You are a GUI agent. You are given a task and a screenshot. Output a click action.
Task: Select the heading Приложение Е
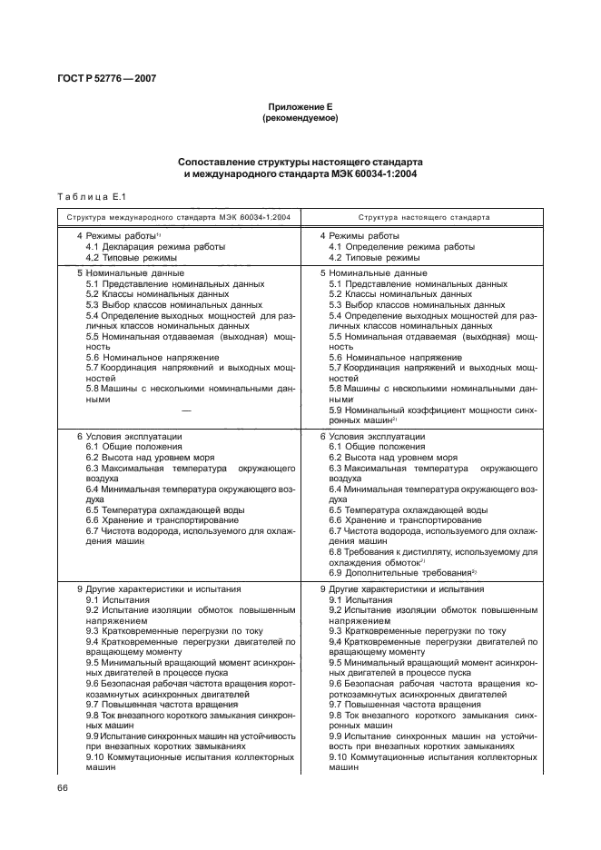coord(300,107)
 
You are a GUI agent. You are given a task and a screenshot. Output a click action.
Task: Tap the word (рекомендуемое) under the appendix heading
coord(300,119)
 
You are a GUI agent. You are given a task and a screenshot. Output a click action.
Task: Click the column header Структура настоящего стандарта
coord(424,218)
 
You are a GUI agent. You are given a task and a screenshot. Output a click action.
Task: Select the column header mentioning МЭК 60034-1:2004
coord(177,218)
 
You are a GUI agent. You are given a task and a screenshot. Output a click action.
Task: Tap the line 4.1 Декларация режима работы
coord(156,247)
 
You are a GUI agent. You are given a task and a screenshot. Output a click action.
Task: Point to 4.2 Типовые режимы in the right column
coord(374,257)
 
